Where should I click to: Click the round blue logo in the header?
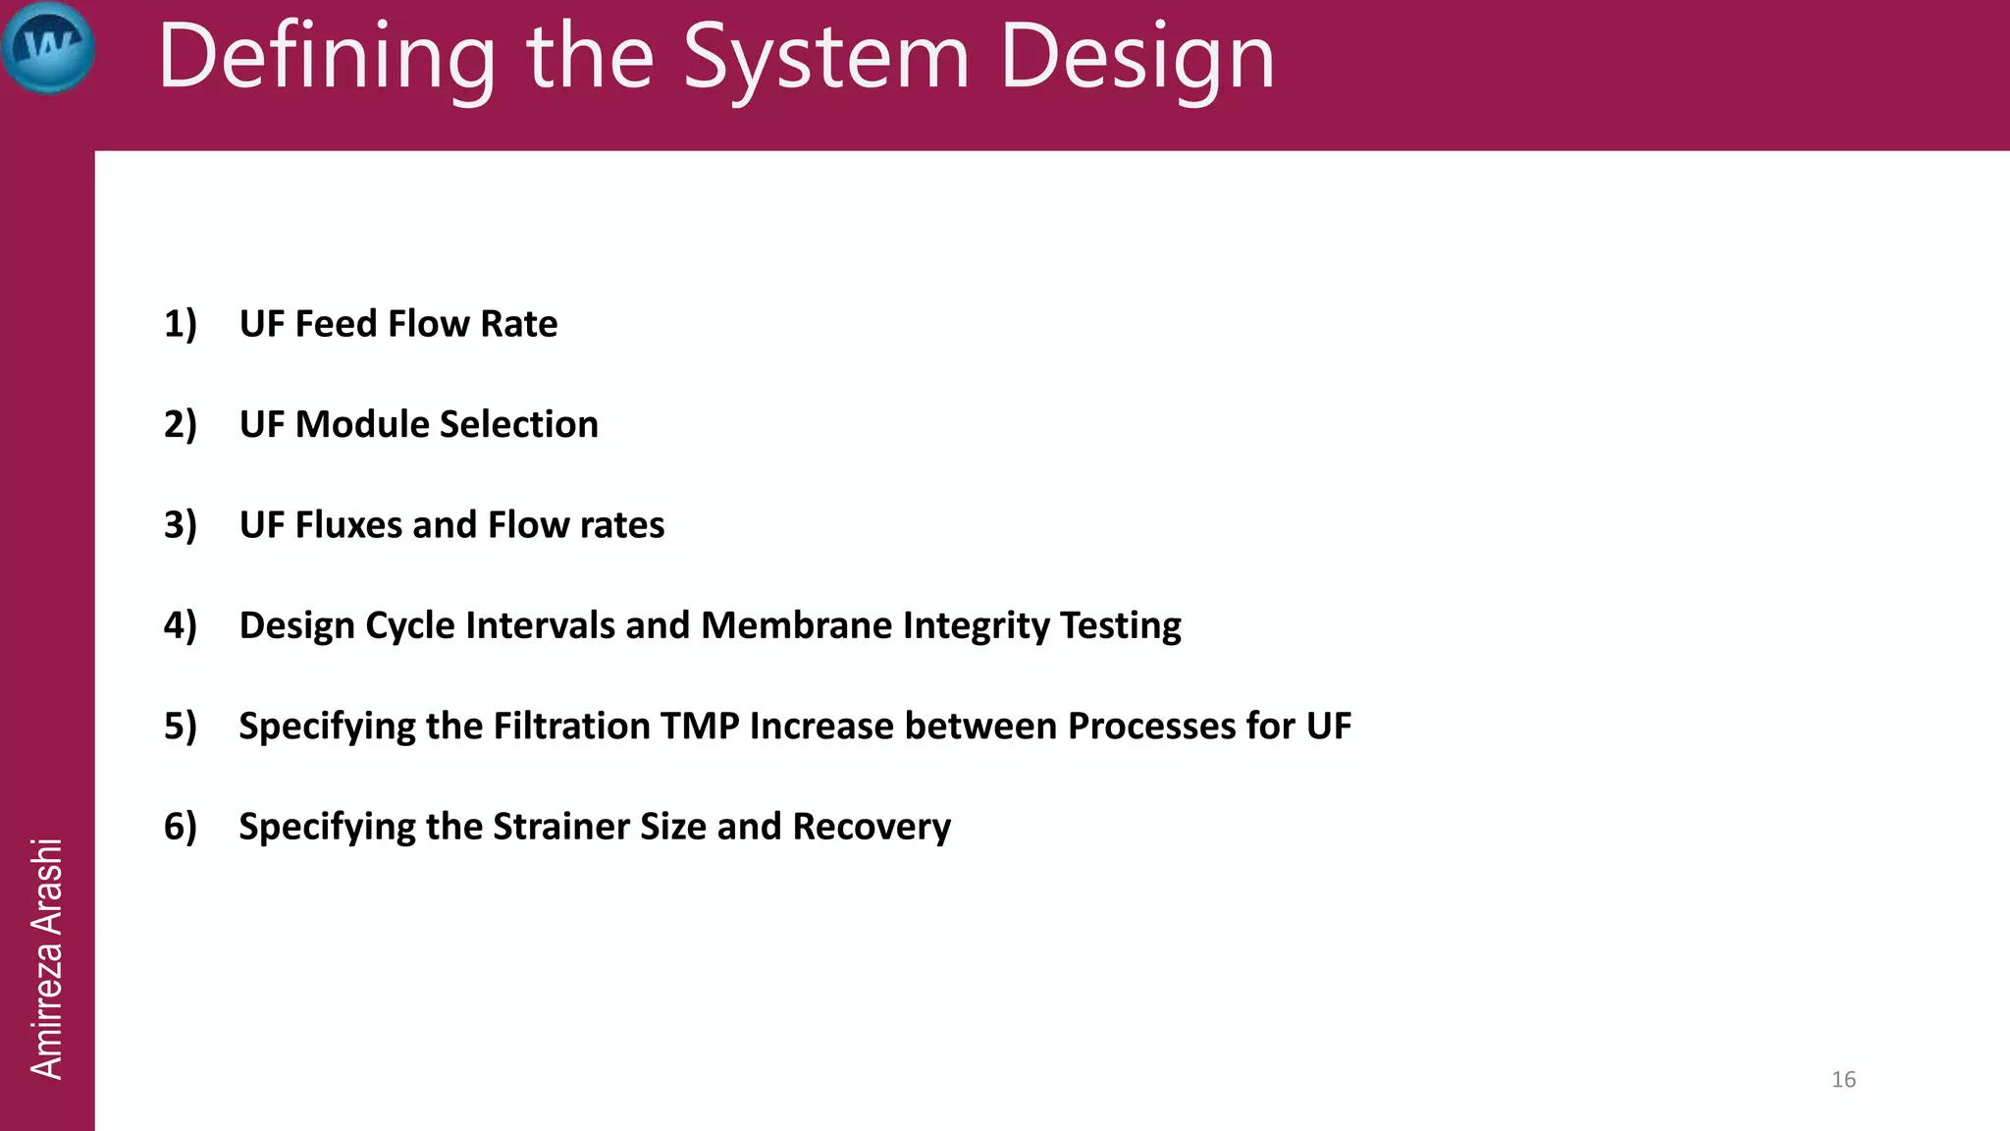pos(48,47)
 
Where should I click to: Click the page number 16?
pos(1843,1079)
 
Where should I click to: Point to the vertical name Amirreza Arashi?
pos(46,958)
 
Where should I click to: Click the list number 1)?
pos(181,324)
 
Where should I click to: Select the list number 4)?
pos(181,625)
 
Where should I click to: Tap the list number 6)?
pos(181,827)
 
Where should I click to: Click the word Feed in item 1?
pos(337,324)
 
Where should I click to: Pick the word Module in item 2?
pos(362,424)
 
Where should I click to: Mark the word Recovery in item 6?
pos(872,827)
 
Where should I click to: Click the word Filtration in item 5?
pos(571,727)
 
